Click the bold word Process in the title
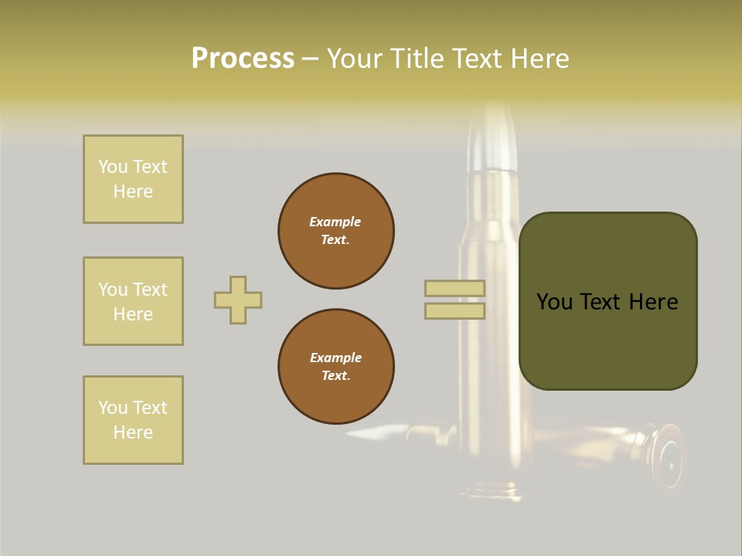tap(243, 59)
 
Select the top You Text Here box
tap(133, 179)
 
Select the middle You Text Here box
tap(133, 301)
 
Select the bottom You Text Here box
tap(133, 420)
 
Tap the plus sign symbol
tap(238, 300)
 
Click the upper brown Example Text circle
tap(335, 231)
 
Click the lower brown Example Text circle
tap(335, 366)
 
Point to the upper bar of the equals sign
tap(454, 288)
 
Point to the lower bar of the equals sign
tap(454, 310)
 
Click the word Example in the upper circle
tap(335, 222)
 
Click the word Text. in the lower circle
tap(335, 375)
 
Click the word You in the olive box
tap(556, 302)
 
